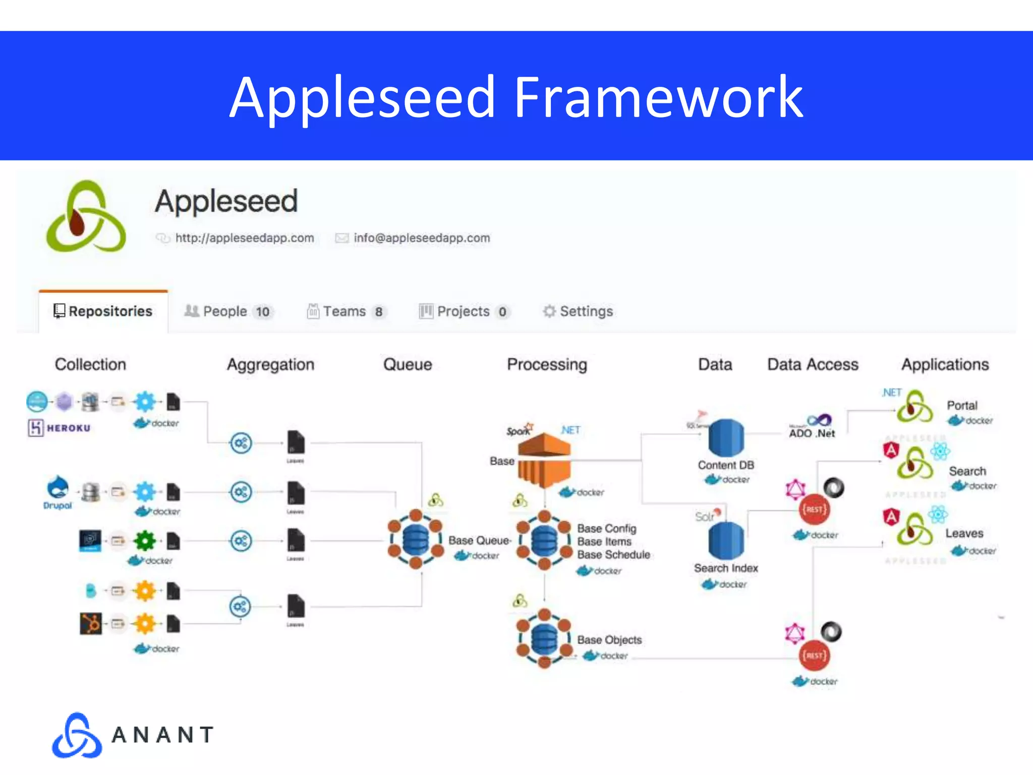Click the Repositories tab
103,311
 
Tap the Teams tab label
345,311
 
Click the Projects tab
463,311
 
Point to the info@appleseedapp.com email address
422,238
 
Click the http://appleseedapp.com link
244,238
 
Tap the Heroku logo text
68,428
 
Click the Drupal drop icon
58,487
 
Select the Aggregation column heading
270,364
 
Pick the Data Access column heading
813,364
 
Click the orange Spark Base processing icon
544,459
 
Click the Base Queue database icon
415,540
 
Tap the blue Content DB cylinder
726,438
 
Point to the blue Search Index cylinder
726,540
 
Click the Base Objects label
609,640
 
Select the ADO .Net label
812,433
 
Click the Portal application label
961,405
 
